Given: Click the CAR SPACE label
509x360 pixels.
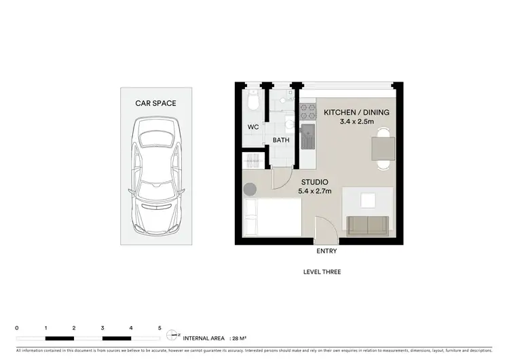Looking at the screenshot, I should click(156, 104).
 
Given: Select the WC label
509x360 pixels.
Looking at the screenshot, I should click(252, 127).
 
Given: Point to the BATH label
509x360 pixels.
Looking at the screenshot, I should click(281, 141).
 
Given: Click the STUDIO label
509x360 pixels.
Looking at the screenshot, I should click(316, 182).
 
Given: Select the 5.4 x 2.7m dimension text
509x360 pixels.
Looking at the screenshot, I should click(316, 192).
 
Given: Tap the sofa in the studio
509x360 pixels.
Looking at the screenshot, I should click(367, 224).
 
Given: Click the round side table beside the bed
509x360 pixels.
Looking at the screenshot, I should click(250, 190).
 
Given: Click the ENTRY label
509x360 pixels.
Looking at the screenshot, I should click(326, 251).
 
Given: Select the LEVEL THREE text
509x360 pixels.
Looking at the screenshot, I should click(322, 272).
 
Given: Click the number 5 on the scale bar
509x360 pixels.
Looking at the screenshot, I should click(159, 327).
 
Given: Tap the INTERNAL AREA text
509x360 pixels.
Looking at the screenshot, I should click(205, 337).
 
